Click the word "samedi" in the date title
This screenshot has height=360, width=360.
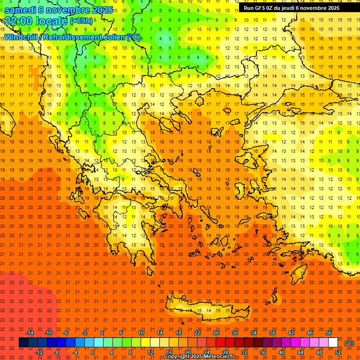pos(21,10)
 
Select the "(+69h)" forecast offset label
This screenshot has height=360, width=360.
pos(81,21)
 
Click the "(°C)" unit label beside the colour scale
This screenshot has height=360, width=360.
pos(349,343)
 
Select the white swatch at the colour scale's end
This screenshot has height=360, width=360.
pos(333,343)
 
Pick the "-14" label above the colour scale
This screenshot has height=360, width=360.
pos(30,333)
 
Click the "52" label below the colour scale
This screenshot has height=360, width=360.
pos(338,352)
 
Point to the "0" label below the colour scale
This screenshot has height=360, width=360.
pos(93,352)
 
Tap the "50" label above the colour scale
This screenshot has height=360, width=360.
pos(329,333)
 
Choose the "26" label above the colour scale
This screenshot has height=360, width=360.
pos(216,333)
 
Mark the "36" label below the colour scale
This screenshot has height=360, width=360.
pos(263,352)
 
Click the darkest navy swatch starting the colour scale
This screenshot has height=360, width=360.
pos(23,343)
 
